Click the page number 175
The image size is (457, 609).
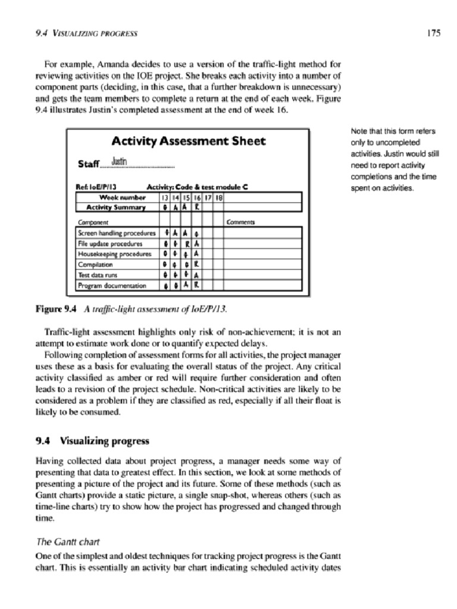pos(433,33)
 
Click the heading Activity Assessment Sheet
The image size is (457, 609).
pos(189,141)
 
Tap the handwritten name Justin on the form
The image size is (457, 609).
pos(120,161)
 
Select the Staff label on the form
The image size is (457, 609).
pos(88,164)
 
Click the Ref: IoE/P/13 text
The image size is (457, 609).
pos(96,187)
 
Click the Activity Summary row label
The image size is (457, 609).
pos(116,207)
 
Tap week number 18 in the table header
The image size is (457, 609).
pos(218,197)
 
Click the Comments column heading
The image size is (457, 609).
pos(242,222)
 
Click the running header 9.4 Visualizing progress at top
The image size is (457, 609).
pos(86,34)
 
